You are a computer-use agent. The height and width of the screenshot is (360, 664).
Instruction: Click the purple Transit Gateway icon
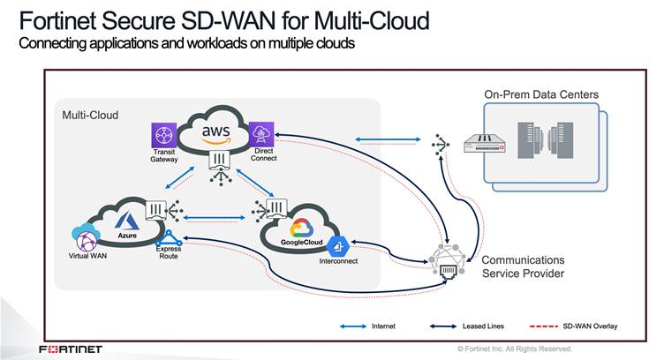pos(163,136)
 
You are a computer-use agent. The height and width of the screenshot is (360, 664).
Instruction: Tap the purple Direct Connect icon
pos(261,134)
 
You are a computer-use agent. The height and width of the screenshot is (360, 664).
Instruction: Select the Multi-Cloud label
pos(90,116)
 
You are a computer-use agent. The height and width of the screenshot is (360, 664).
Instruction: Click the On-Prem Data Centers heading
pos(541,94)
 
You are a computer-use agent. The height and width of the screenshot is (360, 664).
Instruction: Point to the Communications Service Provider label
pos(523,266)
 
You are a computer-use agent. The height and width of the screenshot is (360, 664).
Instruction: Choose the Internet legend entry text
pos(382,326)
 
